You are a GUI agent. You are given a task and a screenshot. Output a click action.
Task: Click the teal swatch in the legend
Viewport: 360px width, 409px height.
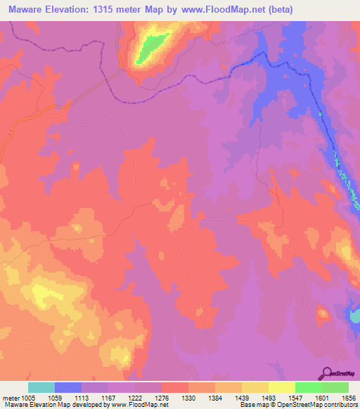point(41,387)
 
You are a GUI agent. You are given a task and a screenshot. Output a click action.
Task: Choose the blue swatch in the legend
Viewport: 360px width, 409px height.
point(68,387)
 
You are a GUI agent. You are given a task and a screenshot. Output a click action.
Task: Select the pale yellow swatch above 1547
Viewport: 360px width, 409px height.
point(282,387)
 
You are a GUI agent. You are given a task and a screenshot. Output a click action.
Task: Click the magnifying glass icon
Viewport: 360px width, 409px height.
point(327,372)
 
